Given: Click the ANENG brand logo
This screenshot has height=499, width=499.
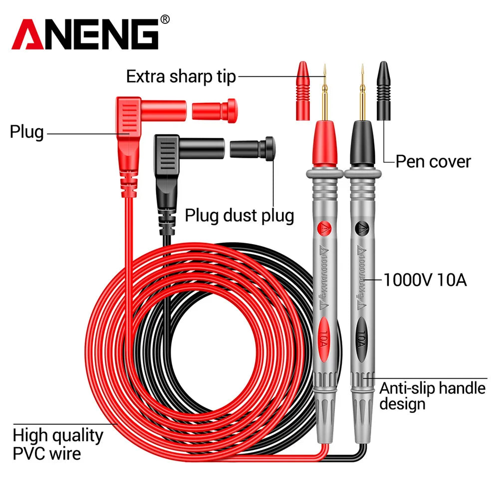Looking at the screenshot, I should pos(85,35).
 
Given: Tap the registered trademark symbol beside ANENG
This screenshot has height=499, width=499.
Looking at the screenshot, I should pos(165,19).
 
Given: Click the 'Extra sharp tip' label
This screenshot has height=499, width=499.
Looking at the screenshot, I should pos(181,77).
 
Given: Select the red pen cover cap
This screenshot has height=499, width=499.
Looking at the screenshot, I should pos(302,90).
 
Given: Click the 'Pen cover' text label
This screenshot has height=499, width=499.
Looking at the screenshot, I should pos(433,161).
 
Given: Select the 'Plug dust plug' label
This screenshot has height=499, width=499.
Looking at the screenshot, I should pos(239,216).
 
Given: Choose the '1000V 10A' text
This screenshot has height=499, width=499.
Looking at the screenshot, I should pos(425,280).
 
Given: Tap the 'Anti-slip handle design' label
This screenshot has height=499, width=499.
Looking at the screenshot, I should pos(432,396).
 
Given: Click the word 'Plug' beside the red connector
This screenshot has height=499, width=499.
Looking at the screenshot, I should pos(26,133).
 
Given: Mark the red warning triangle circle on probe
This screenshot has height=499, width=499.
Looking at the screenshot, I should pos(324,229).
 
